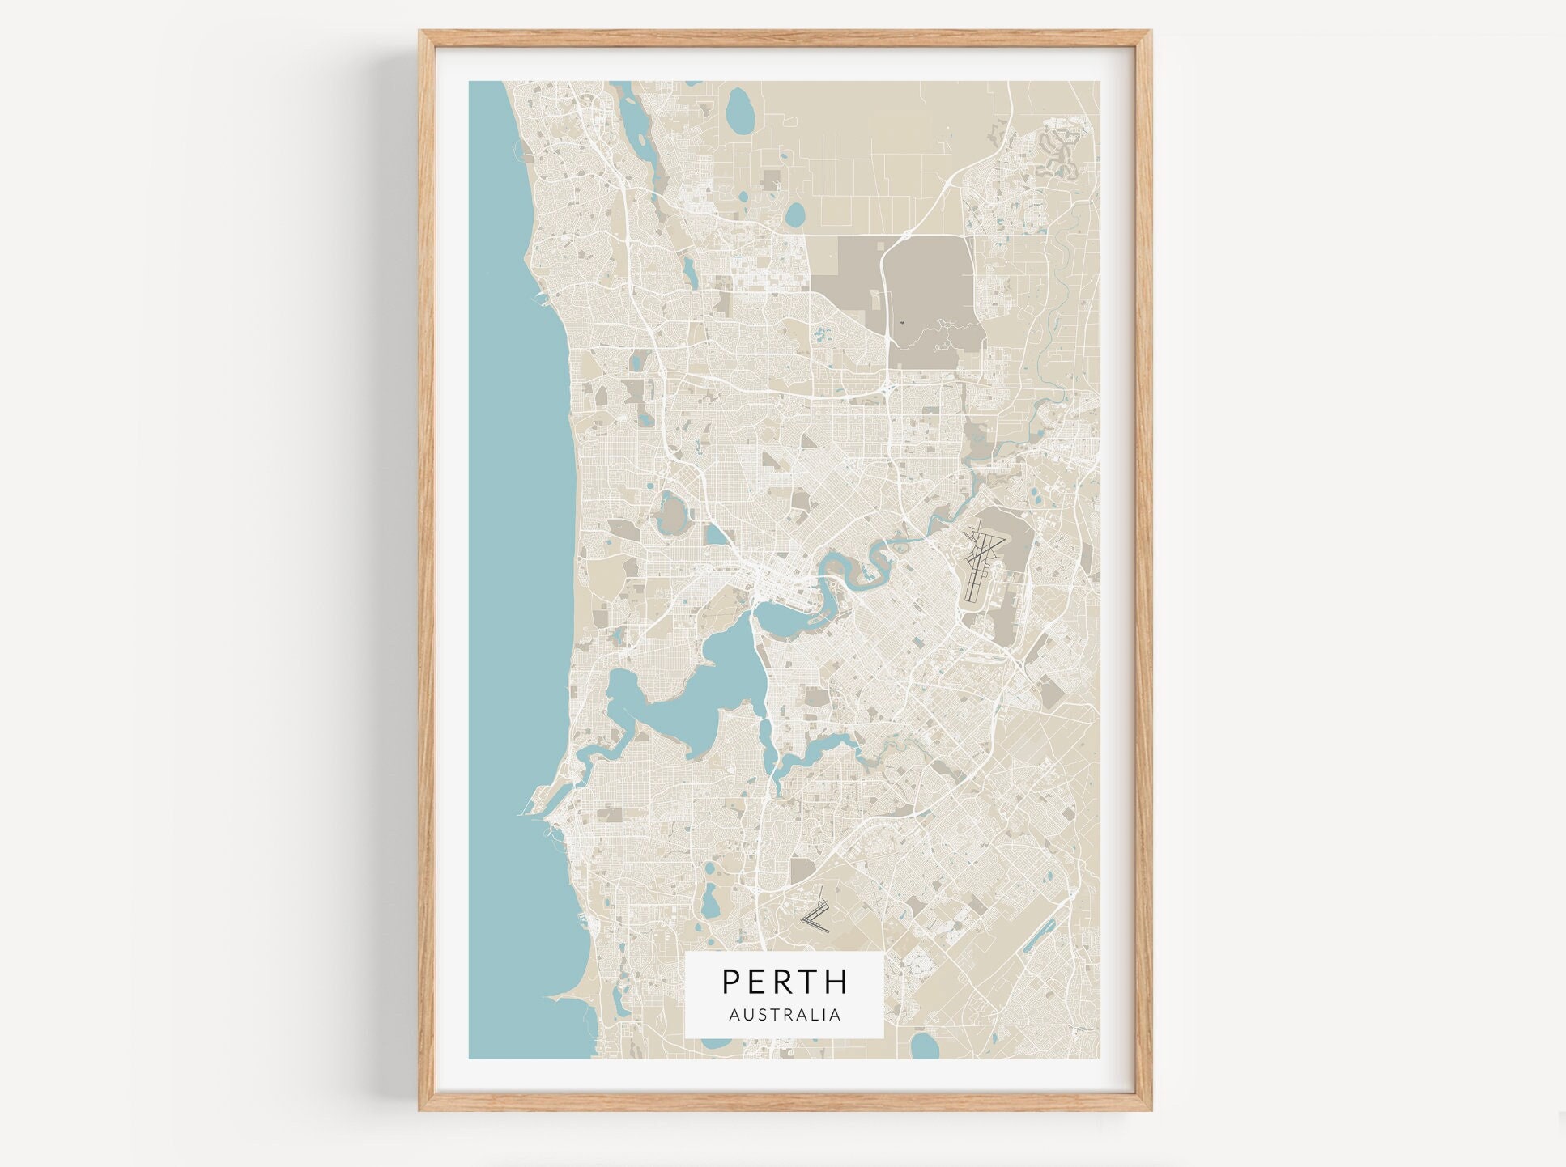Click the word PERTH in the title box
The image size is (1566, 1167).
tap(784, 981)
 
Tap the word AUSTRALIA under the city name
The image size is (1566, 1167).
tap(784, 1015)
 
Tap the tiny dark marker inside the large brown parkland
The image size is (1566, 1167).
tap(901, 323)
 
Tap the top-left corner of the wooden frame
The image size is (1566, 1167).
tap(422, 32)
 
